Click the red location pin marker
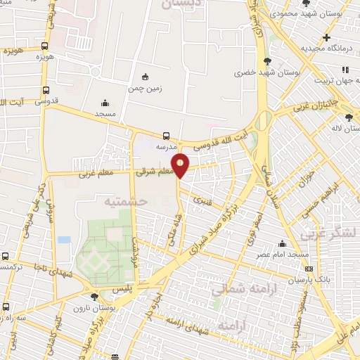181,165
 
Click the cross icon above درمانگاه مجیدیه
326,37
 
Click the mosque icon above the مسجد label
105,103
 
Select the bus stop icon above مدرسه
166,135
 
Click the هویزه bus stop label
14,51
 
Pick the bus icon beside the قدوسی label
46,90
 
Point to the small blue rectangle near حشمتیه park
64,240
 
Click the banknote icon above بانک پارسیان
309,269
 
